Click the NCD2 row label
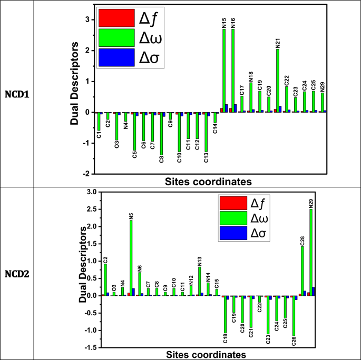(x=17, y=274)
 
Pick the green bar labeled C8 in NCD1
(x=161, y=134)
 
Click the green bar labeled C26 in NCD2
(x=293, y=315)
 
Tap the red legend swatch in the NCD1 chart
(x=116, y=19)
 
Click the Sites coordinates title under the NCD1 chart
(x=208, y=182)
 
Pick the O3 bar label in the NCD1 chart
(x=116, y=144)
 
